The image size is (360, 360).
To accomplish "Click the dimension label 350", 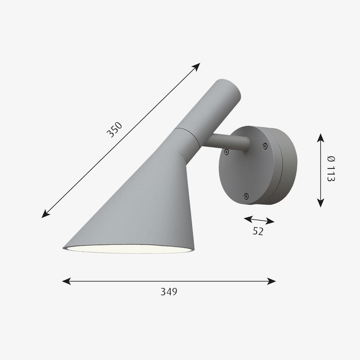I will pos(114,130).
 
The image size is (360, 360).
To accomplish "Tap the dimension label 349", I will pos(169,292).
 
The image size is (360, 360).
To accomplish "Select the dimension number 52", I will pos(258,231).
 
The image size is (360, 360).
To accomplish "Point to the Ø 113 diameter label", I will pos(331,169).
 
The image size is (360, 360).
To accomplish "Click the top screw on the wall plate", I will pos(265,146).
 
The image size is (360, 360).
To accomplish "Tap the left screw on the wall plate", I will pos(226,152).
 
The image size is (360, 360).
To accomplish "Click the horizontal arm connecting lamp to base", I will pos(227,142).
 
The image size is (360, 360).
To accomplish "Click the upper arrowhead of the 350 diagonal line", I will pos(197,65).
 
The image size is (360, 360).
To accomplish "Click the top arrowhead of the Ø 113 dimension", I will pos(320,137).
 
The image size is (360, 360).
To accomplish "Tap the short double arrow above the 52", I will pos(259,220).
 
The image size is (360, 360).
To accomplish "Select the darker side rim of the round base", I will pos(288,167).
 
